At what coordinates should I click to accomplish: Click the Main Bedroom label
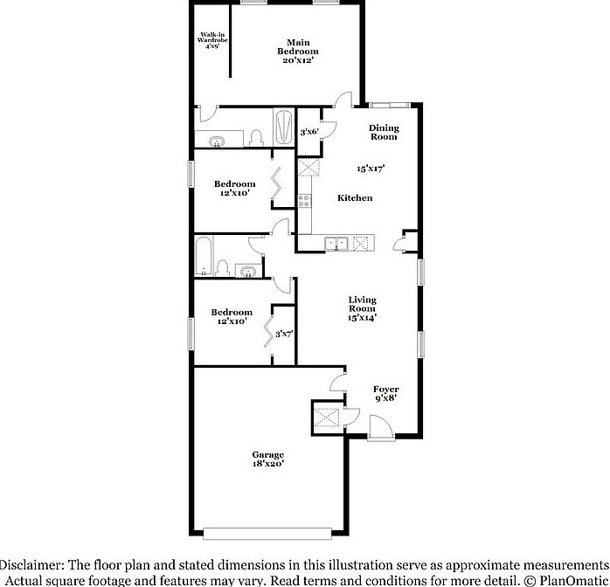pos(298,52)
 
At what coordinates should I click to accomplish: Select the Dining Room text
pos(383,132)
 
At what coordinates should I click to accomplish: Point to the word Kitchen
pos(355,198)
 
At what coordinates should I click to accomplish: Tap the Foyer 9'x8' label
pos(385,394)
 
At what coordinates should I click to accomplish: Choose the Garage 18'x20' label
pos(268,459)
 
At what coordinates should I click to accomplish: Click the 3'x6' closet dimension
pos(309,132)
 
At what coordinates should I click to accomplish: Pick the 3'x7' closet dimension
pos(284,334)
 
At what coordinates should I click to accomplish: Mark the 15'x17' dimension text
pos(371,168)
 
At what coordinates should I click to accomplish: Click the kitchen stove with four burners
pos(305,200)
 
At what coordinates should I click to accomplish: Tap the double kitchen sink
pos(338,244)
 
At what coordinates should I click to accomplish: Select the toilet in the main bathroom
pos(255,137)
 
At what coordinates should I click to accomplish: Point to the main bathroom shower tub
pos(285,128)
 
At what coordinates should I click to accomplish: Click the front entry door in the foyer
pos(380,429)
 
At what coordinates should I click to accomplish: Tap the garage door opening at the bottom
pos(267,531)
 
